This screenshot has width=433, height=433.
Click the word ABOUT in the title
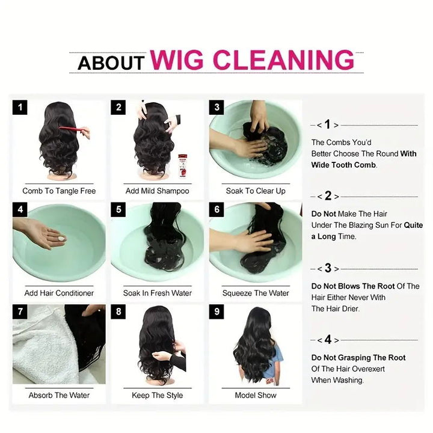(x=111, y=63)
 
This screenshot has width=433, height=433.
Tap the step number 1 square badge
(x=20, y=108)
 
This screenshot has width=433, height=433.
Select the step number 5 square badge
(x=118, y=210)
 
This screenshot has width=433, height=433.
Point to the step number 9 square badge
(x=217, y=312)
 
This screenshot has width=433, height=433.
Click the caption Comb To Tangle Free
(x=59, y=191)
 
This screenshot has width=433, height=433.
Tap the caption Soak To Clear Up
(x=256, y=191)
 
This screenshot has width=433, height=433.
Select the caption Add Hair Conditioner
(x=59, y=293)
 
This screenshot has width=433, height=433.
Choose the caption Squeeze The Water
(x=256, y=293)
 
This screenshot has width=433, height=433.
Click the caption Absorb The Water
(x=59, y=396)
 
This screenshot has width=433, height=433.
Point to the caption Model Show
(x=256, y=396)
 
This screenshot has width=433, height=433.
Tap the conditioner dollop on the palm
(x=61, y=239)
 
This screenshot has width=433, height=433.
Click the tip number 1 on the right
(x=328, y=125)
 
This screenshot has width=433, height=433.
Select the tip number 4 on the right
(x=328, y=340)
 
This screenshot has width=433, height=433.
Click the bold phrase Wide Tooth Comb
(x=343, y=165)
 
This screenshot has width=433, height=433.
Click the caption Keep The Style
(x=158, y=396)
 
